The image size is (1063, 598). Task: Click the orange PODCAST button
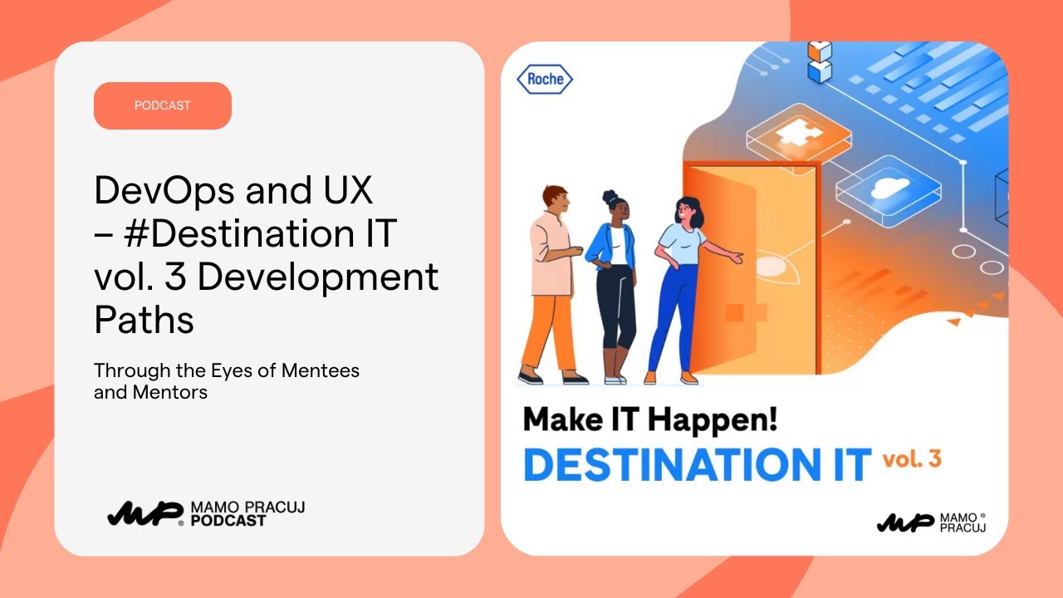(162, 105)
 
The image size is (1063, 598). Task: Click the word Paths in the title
(144, 320)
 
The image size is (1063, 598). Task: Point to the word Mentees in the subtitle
(320, 370)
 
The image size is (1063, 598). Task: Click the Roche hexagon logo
(545, 80)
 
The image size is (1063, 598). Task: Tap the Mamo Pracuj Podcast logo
(205, 513)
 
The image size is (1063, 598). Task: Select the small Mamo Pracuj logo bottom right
(931, 522)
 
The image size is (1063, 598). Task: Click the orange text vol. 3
(911, 459)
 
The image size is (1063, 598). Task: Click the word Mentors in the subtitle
(169, 392)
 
